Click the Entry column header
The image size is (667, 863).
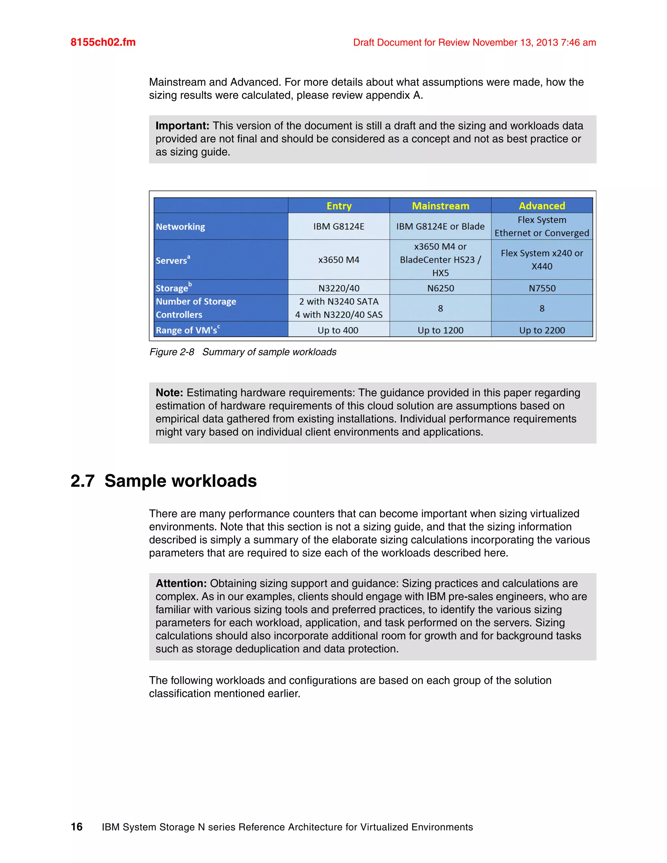pos(339,206)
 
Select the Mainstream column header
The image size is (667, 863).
pos(440,206)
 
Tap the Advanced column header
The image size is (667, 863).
pos(542,206)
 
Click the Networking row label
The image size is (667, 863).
pos(180,227)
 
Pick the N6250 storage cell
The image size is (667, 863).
pos(440,288)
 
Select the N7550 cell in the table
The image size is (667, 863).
pos(542,288)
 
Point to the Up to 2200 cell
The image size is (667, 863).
pos(542,330)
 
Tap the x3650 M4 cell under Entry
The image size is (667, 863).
pos(339,260)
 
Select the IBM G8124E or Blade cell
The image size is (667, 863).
pos(440,226)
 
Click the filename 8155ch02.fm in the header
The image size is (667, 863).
pos(103,42)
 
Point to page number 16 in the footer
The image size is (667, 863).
pos(77,827)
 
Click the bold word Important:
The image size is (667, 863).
pos(182,126)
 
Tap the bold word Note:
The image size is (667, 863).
pos(169,392)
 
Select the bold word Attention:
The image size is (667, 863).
pos(181,583)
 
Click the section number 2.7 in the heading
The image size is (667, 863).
pos(83,481)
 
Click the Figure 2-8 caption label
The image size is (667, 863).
pos(172,352)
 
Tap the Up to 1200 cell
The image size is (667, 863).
pos(440,330)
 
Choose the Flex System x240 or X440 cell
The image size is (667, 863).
pos(542,260)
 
